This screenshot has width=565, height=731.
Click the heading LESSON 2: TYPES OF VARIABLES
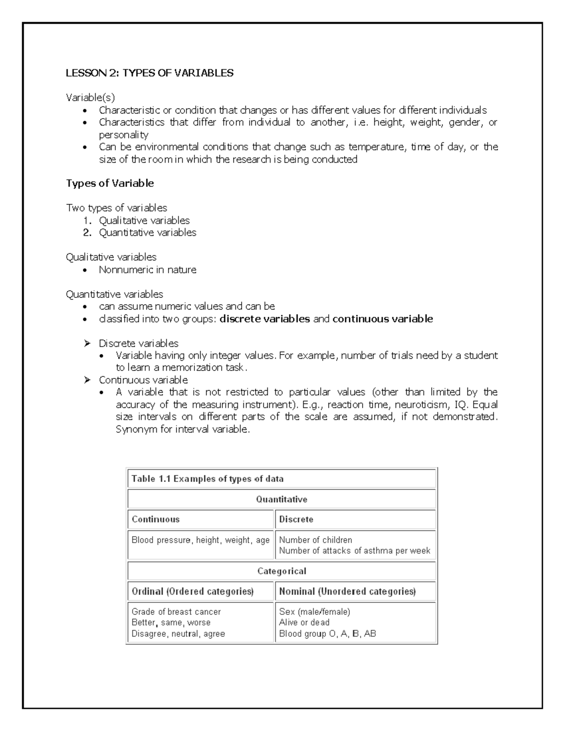(x=149, y=73)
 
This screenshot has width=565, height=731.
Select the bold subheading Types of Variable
(x=110, y=183)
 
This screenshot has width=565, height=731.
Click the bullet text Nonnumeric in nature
(x=147, y=270)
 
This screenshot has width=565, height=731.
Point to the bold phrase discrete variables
(x=265, y=319)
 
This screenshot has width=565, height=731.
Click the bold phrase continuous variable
(x=382, y=319)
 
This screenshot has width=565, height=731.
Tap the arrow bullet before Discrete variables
(x=87, y=343)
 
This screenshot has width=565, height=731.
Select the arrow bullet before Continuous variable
(x=87, y=380)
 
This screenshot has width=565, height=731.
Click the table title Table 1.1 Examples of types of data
(x=207, y=479)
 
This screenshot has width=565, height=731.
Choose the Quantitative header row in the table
(x=282, y=499)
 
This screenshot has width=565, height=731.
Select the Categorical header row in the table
(x=282, y=571)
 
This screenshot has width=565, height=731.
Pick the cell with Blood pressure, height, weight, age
(x=200, y=540)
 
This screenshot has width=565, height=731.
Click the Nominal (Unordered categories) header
(x=347, y=591)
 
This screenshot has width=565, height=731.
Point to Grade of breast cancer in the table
(x=176, y=611)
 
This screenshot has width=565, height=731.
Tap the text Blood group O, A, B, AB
(x=327, y=634)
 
